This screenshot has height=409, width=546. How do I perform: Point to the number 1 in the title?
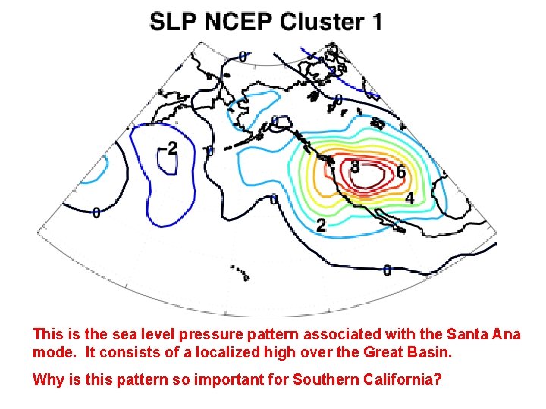pyautogui.click(x=376, y=22)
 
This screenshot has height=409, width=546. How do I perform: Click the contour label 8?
pyautogui.click(x=355, y=165)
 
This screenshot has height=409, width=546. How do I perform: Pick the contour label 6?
pyautogui.click(x=400, y=173)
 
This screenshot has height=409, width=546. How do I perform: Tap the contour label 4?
pyautogui.click(x=409, y=198)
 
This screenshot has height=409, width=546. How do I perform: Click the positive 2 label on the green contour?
pyautogui.click(x=321, y=225)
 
